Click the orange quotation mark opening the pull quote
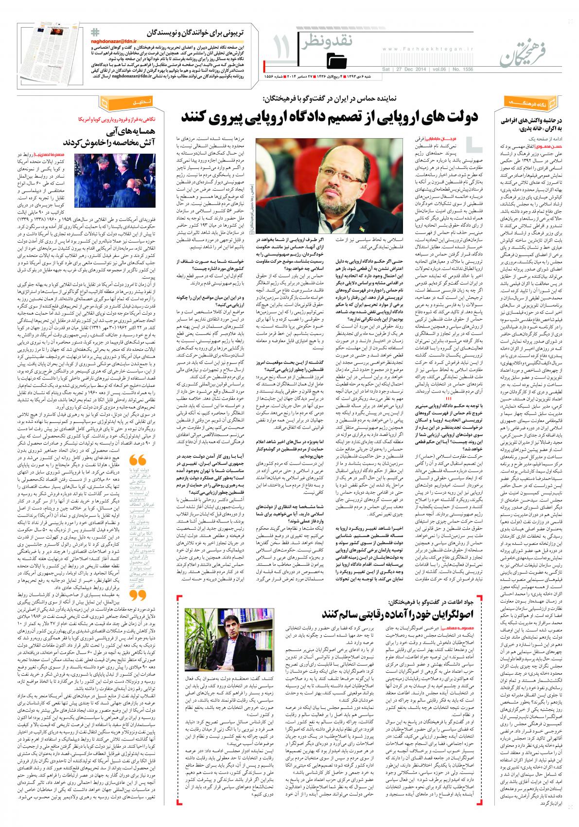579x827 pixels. (x=139, y=460)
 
